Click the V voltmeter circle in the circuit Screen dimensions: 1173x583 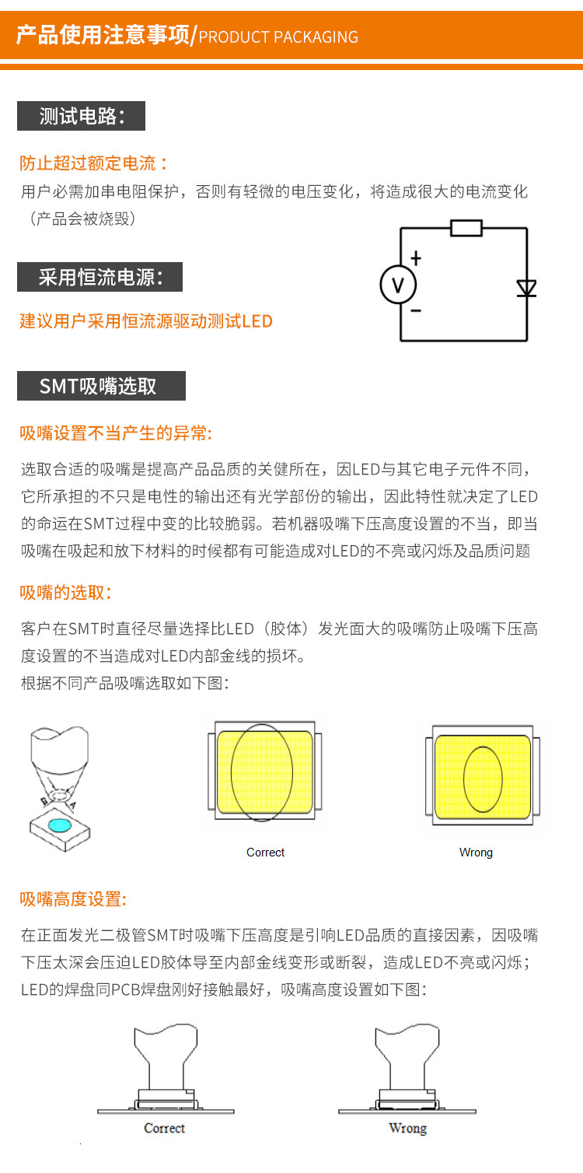pyautogui.click(x=397, y=285)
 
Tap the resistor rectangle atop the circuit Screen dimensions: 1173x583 pyautogui.click(x=466, y=228)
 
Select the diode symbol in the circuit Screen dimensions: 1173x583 pyautogui.click(x=527, y=289)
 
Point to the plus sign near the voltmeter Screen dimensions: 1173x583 pyautogui.click(x=416, y=257)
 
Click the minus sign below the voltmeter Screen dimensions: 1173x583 pyautogui.click(x=416, y=310)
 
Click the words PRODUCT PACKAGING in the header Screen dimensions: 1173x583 pyautogui.click(x=278, y=37)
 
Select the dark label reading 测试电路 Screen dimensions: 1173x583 pyautogui.click(x=81, y=117)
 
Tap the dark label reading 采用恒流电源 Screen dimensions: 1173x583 pyautogui.click(x=99, y=277)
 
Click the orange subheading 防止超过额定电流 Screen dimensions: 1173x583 pyautogui.click(x=93, y=163)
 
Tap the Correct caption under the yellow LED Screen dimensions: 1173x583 pyautogui.click(x=265, y=853)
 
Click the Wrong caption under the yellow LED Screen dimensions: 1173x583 pyautogui.click(x=476, y=853)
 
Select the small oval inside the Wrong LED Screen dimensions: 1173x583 pyautogui.click(x=482, y=779)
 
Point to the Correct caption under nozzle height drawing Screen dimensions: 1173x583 pyautogui.click(x=164, y=1128)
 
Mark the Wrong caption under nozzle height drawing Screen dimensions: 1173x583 pyautogui.click(x=407, y=1128)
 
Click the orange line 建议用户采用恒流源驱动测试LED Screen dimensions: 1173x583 pyautogui.click(x=146, y=320)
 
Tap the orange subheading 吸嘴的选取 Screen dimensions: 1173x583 pyautogui.click(x=66, y=593)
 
